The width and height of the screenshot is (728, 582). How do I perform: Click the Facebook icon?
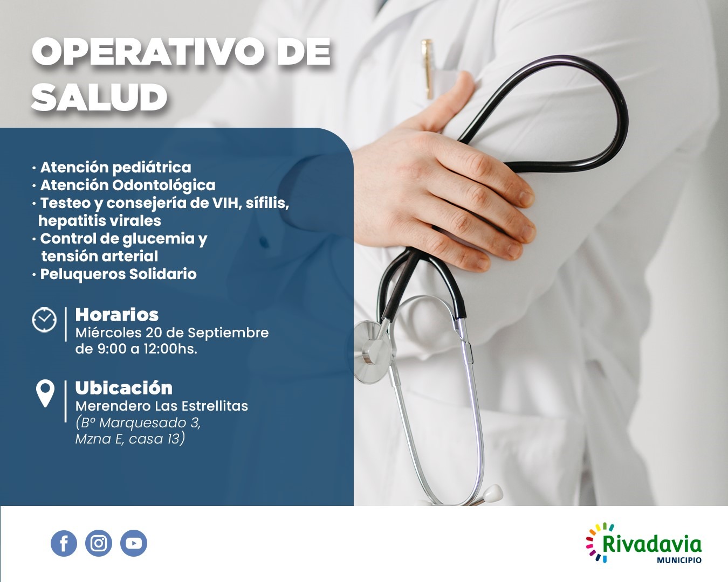coord(64,543)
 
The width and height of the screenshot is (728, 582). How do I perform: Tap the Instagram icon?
coord(99,543)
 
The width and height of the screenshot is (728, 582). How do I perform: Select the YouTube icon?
coord(134,543)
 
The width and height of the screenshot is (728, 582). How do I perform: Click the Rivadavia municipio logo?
coord(644,543)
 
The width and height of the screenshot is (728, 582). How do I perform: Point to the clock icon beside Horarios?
coord(44,320)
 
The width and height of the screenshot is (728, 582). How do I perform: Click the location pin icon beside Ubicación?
coord(45,393)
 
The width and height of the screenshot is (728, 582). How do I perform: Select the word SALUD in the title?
coord(99,98)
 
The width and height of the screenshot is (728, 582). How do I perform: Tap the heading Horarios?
coord(116,315)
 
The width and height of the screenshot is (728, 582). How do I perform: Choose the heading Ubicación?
coord(124,387)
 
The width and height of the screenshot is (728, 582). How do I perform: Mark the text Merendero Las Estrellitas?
coord(162,406)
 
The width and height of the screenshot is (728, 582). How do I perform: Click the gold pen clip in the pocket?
coord(427,68)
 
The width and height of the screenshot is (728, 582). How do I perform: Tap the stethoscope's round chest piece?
coord(372,352)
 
